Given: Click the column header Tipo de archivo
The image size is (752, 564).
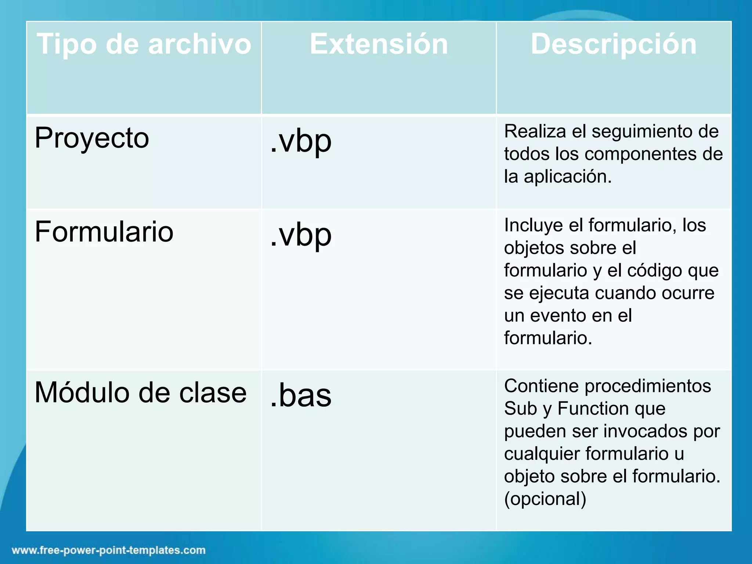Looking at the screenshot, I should [x=144, y=44].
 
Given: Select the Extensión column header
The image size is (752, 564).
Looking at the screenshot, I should [x=379, y=44].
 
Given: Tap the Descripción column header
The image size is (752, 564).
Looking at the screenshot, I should [x=614, y=44].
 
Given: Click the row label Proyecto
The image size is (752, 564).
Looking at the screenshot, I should [x=92, y=138].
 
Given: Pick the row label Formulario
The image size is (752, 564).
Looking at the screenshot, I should [x=104, y=232].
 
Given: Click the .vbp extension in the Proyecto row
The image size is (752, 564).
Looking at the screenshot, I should [x=301, y=141].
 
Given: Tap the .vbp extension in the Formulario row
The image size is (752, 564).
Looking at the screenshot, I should [x=301, y=235].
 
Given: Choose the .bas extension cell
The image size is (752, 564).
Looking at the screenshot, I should [x=301, y=395].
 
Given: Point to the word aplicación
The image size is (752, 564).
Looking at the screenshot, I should [x=567, y=177].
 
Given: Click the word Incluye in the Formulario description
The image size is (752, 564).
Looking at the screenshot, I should [x=533, y=225].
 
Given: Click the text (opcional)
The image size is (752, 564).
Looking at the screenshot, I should [x=545, y=499].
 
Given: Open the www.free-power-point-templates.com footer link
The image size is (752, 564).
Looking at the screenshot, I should [x=109, y=550].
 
